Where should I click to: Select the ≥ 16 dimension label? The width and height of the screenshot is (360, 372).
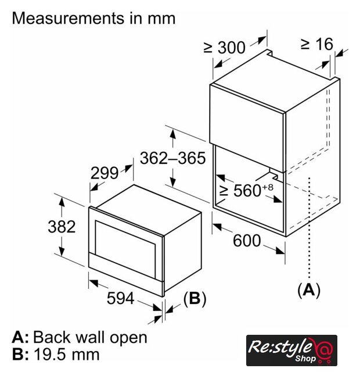317,44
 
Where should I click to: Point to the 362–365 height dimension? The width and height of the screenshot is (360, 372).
172,158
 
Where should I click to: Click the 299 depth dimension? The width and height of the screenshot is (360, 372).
105,173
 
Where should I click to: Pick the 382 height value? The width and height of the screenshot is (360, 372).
62,226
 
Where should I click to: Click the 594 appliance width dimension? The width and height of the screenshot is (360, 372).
121,298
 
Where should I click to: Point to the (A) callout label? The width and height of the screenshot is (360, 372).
309,289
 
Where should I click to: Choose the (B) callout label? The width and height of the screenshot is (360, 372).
195,298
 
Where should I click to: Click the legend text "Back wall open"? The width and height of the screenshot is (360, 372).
90,337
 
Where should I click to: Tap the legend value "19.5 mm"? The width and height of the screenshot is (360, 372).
67,354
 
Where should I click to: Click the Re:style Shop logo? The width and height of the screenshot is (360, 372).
291,350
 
